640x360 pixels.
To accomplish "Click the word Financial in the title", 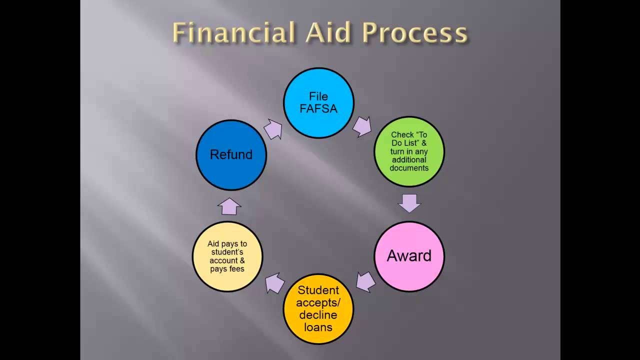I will point(234,33).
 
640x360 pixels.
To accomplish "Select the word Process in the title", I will point(415,34).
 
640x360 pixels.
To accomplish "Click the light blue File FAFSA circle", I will point(318,103).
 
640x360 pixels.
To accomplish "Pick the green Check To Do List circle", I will point(409,151).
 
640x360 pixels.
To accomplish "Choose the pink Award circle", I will point(409,256).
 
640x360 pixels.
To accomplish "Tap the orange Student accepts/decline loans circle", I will point(318,308).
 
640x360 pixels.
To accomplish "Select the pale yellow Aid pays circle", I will point(227,256).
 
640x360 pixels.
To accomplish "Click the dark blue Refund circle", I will point(231,154).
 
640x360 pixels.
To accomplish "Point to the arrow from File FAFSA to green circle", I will point(361,127).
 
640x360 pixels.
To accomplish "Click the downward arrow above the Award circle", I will point(409,203).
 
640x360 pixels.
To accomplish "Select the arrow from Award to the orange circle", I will point(366,282).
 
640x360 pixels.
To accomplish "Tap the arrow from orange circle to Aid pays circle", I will point(275,283).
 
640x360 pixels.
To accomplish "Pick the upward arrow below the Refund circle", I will point(229,205).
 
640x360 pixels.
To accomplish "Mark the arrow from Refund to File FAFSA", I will point(273,129).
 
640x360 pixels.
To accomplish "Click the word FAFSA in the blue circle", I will point(318,108).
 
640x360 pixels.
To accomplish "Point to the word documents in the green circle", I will point(409,168).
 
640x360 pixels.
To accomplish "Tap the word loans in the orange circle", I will point(318,327).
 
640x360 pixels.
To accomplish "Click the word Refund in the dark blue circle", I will point(231,154).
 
